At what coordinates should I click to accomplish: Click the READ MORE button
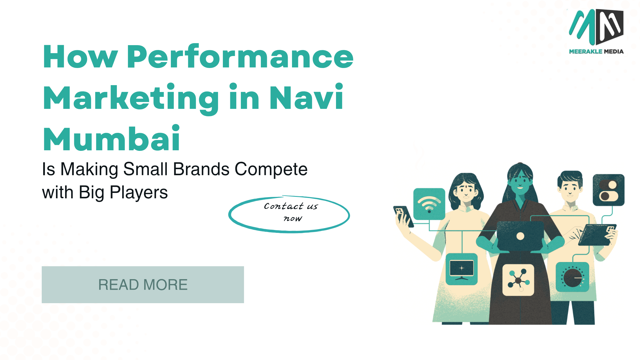(x=143, y=285)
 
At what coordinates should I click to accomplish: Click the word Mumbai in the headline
(x=111, y=139)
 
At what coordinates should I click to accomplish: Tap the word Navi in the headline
(x=306, y=97)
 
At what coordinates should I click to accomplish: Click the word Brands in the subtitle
(x=201, y=169)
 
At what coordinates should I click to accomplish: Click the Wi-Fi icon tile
(x=429, y=204)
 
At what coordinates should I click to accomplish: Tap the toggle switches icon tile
(x=609, y=190)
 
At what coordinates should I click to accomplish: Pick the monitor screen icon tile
(x=462, y=269)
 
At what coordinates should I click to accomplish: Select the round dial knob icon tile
(x=572, y=277)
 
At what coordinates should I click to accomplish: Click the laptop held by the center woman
(x=520, y=236)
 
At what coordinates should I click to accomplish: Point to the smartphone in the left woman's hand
(x=403, y=216)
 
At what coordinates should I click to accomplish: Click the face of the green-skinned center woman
(x=520, y=182)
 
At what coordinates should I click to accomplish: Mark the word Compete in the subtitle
(x=271, y=169)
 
